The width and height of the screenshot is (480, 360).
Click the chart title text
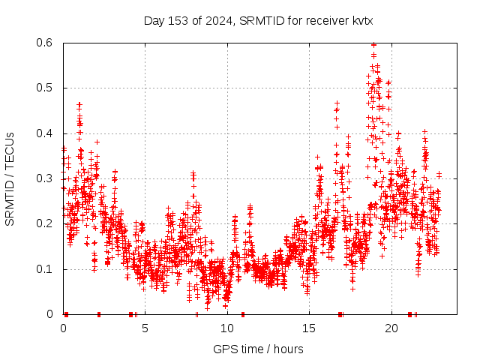[258, 21]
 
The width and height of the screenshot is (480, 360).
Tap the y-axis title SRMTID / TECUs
[10, 178]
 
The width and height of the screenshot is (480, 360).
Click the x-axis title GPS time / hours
[258, 349]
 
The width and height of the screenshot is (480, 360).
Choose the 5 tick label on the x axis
[145, 328]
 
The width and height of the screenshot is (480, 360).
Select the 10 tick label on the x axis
[227, 328]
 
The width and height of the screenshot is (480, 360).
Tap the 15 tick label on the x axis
[309, 328]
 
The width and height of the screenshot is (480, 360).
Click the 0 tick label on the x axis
[63, 328]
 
